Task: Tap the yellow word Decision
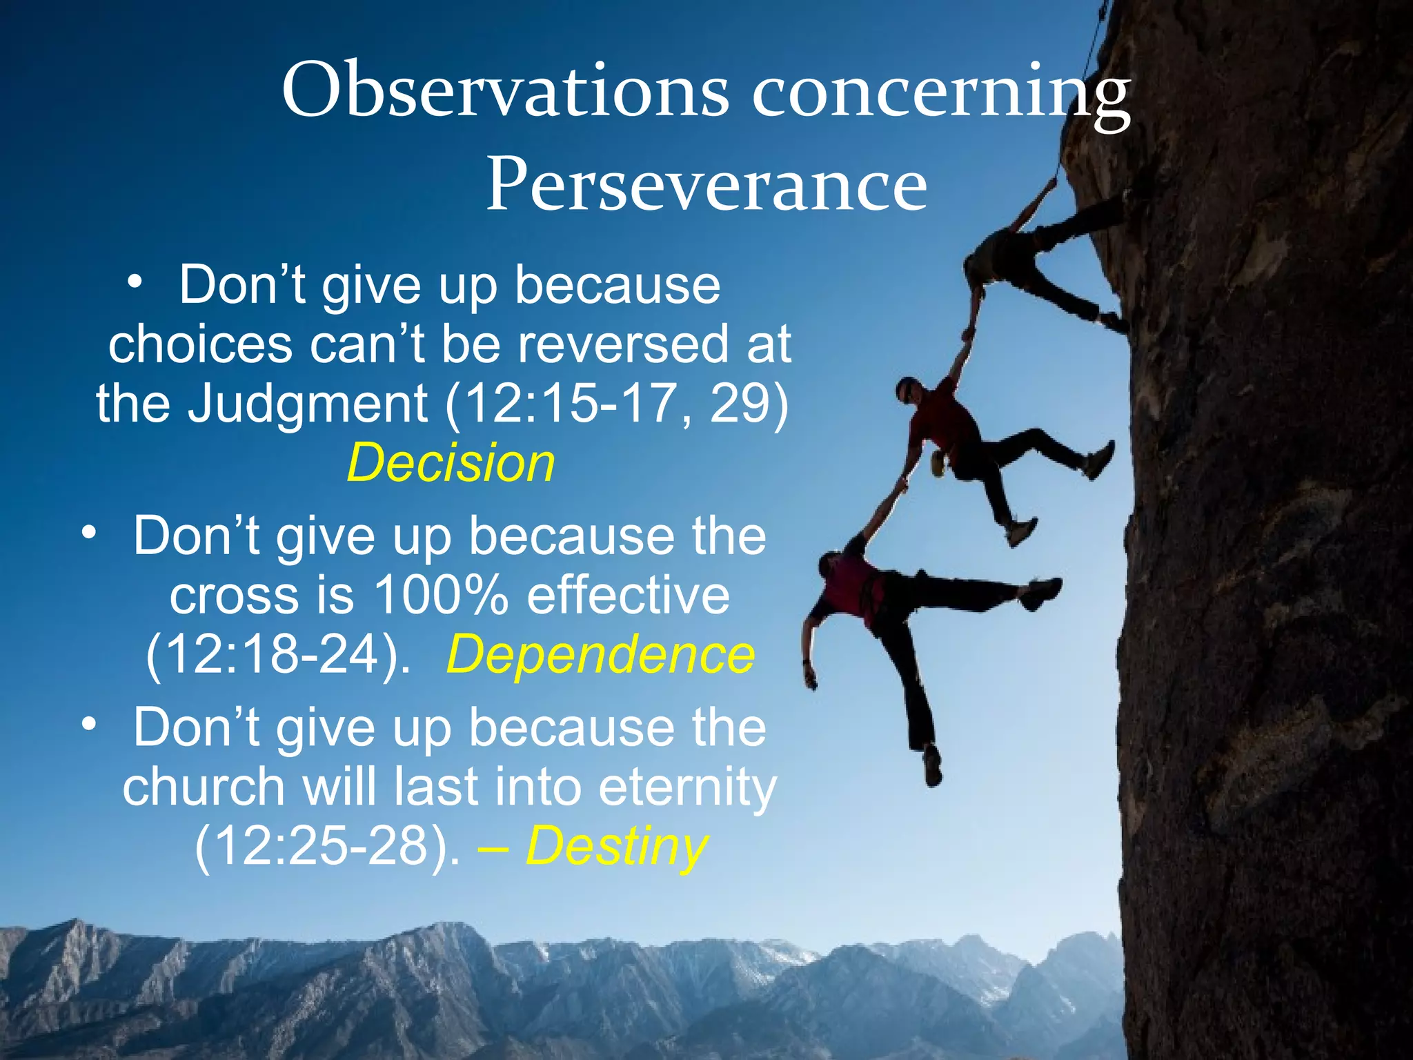point(451,463)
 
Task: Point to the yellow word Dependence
point(600,654)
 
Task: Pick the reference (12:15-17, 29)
point(616,404)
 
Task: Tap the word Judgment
point(308,404)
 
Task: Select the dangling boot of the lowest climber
point(932,766)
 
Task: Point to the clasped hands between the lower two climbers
point(899,482)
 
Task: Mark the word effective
point(628,595)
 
